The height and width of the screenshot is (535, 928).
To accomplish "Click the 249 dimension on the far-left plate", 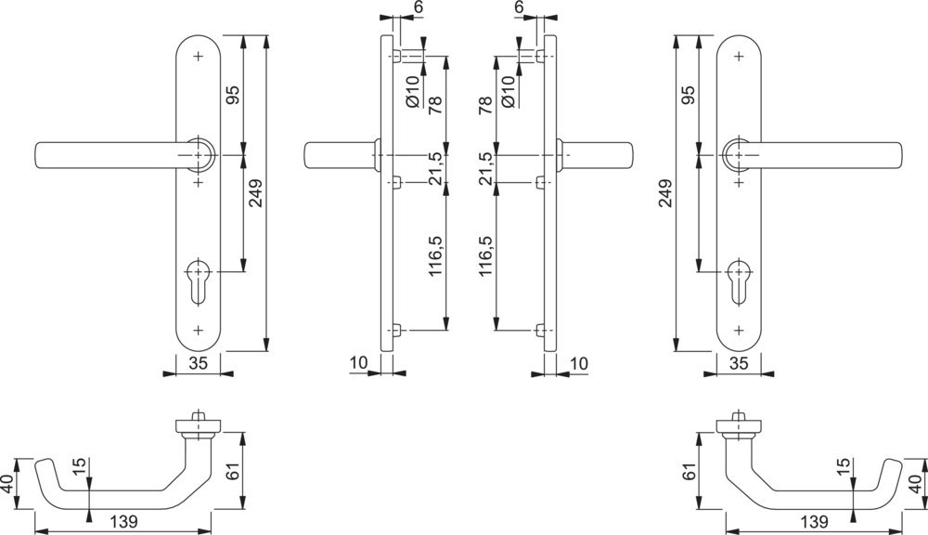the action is pos(255,192).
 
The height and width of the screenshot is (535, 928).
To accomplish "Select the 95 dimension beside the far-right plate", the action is pos(689,95).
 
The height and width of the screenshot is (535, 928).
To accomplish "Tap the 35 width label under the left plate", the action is pos(199,363).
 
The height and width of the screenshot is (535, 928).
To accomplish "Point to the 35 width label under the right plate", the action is pos(739,363).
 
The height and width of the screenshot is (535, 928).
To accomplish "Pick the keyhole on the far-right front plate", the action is pos(738,282).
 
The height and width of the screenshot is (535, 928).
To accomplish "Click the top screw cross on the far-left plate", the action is pos(198,57).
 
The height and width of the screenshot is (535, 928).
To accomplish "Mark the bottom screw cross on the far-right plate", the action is pos(738,330).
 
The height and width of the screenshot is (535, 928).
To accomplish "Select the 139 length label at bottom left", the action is pos(123,522).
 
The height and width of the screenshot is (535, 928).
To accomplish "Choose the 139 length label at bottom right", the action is pos(813,522).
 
